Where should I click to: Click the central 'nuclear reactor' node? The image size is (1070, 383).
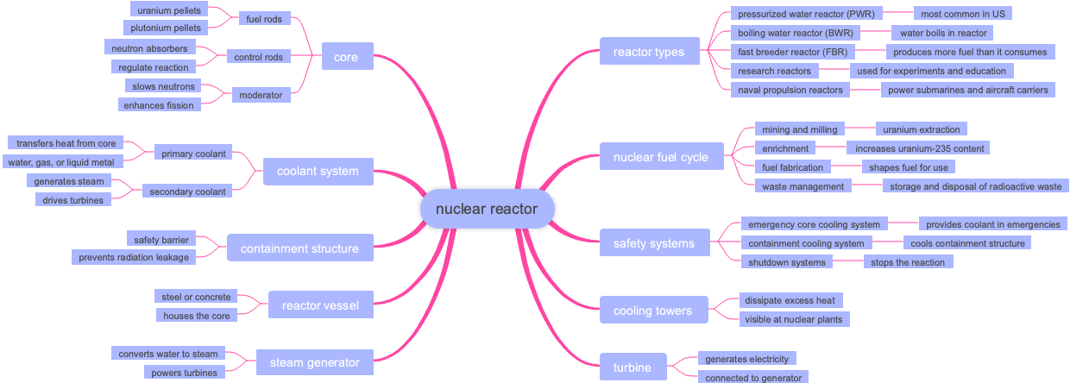[x=486, y=209]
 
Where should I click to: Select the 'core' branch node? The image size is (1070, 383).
[x=346, y=58]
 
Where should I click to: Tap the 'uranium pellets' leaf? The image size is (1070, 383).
[x=168, y=10]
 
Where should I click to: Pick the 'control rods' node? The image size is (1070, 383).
[x=259, y=57]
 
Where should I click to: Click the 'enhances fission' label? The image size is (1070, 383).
[x=160, y=104]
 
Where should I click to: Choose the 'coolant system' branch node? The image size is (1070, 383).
[x=318, y=171]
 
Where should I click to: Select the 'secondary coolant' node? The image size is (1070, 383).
[x=187, y=191]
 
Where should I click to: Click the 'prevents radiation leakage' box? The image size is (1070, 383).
[x=133, y=257]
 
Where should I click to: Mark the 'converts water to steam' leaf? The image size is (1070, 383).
[x=169, y=354]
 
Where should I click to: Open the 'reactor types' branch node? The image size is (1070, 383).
[x=648, y=52]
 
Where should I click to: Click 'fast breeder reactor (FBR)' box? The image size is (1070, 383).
[x=793, y=52]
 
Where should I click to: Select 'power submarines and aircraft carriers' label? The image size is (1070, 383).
[x=967, y=90]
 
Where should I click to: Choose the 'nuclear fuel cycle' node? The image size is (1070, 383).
[x=660, y=157]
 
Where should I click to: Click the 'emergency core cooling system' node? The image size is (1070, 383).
[x=814, y=224]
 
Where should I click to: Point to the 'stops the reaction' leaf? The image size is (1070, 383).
[x=908, y=262]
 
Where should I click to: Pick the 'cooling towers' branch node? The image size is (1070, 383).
[x=652, y=311]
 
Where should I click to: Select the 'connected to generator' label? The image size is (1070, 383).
[x=752, y=378]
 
